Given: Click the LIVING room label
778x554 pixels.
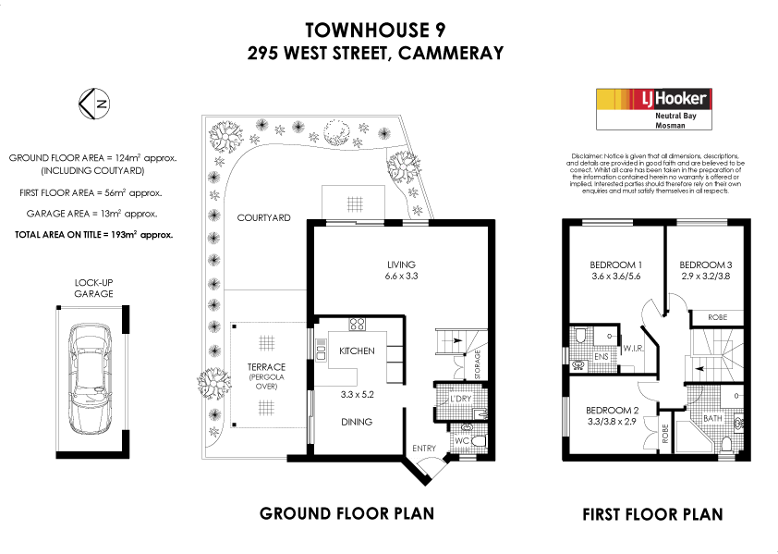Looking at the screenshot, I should pos(401,264).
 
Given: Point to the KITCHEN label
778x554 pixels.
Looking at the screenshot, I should pos(357,351).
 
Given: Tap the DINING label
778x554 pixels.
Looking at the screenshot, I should pos(357,422).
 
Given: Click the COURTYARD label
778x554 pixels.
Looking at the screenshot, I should pos(263,218).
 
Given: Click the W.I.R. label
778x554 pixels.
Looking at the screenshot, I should pos(634,350).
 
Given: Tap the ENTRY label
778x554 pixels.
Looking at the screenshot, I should pos(425,449).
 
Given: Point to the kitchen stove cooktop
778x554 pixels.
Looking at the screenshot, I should pos(358,325).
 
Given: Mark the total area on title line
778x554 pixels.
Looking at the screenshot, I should pos(93,235).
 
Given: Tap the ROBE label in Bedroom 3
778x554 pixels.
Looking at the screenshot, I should pos(717,317).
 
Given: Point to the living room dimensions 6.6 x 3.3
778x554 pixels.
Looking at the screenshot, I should pos(401,276).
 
